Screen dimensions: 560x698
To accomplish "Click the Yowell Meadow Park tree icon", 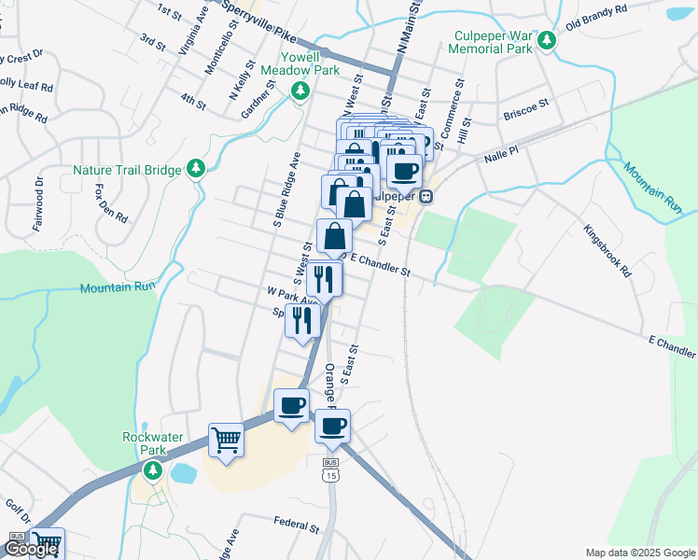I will point(300,91).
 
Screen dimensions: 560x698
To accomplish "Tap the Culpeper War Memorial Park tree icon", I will point(547,41).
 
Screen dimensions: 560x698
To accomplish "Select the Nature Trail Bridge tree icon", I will point(195,168).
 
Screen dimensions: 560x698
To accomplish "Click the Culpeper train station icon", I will point(426,196).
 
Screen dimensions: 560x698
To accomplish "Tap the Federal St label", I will point(297,525).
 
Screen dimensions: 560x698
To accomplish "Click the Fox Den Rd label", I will point(111,202).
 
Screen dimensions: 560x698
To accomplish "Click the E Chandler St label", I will point(378,264).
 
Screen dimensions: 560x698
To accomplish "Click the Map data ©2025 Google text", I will point(640,553).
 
